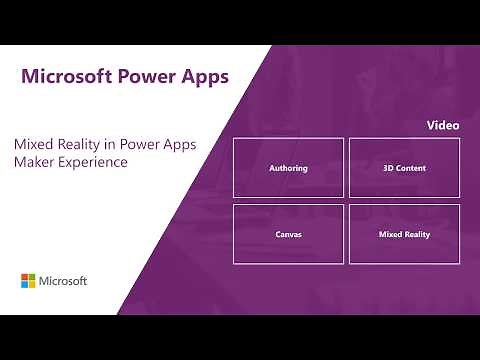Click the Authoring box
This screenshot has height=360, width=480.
tap(288, 168)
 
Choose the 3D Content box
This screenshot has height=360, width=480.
tap(404, 168)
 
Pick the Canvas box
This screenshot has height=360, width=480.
tap(288, 234)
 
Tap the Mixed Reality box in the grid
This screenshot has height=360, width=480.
tap(404, 234)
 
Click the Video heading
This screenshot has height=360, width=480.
tap(443, 126)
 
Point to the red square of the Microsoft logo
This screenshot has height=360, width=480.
tap(25, 277)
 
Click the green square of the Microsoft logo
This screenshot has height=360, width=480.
tap(33, 277)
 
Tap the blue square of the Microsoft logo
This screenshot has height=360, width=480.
tap(25, 285)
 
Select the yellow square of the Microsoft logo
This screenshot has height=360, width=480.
tap(33, 285)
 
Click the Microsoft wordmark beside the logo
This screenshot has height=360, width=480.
tap(64, 281)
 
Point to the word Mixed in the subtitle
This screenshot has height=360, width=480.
tap(33, 144)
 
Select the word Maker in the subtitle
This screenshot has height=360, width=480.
tap(33, 162)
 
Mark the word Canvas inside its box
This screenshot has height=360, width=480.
tap(288, 234)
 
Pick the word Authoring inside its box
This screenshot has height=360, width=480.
tap(288, 168)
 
